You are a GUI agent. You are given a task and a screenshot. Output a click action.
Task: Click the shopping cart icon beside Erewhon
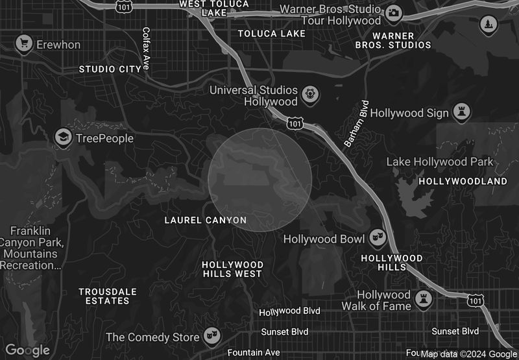tap(25, 44)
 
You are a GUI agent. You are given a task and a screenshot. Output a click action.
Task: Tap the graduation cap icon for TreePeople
tap(63, 138)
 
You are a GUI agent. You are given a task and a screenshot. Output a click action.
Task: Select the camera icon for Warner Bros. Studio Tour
tap(394, 13)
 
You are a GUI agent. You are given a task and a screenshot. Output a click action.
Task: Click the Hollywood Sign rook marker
tap(462, 112)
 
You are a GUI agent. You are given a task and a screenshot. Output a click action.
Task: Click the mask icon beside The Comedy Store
tap(210, 336)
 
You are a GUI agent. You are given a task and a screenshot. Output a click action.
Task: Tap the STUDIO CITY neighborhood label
tap(110, 69)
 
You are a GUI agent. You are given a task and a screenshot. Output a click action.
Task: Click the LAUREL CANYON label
tap(206, 221)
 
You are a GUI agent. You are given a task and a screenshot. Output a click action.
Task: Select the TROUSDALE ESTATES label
tap(104, 296)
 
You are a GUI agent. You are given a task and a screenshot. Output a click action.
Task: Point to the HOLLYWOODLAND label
tap(463, 182)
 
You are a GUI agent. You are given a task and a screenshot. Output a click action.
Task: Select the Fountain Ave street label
tap(254, 352)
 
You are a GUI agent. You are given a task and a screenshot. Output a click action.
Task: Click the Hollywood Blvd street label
tap(289, 311)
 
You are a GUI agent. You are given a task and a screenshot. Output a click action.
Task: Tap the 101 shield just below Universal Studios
tap(295, 123)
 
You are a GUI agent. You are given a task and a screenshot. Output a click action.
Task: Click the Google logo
tap(28, 350)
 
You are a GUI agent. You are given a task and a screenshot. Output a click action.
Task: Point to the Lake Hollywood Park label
tap(440, 162)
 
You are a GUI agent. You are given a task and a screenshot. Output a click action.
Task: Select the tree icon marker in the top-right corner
tap(487, 25)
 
